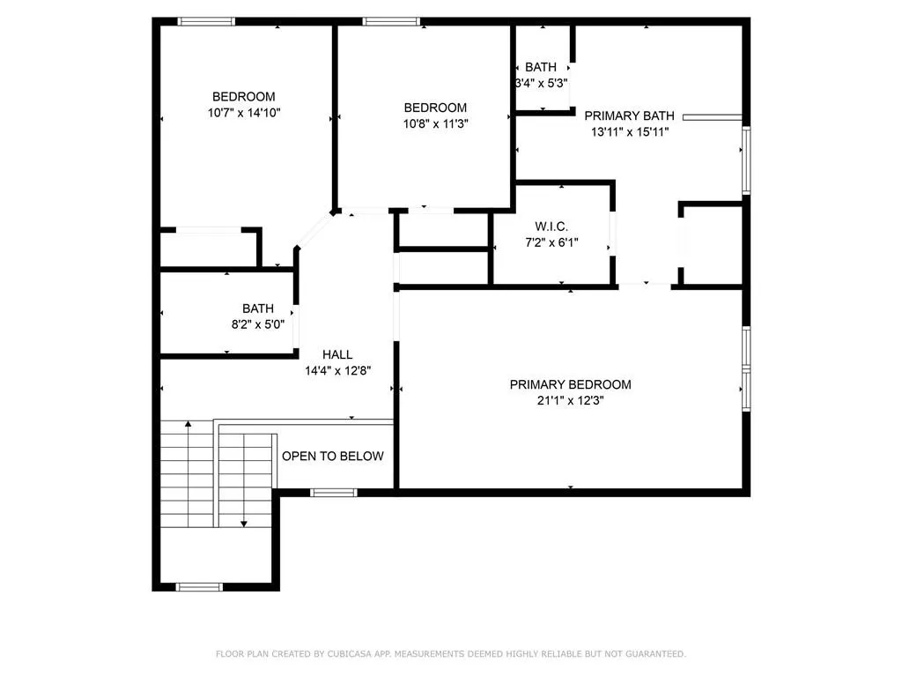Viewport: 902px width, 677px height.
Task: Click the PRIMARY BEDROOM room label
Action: [x=570, y=384]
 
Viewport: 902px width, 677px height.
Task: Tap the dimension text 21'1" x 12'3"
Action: [x=570, y=401]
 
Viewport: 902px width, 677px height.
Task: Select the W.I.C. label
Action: [x=551, y=227]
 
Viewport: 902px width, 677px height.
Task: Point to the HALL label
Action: [x=337, y=354]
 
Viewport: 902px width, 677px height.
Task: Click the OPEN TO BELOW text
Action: [x=332, y=456]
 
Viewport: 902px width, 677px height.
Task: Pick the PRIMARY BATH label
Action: [x=629, y=115]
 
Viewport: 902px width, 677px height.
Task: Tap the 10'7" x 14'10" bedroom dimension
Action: [x=244, y=113]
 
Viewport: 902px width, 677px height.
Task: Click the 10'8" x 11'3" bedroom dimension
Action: [x=435, y=123]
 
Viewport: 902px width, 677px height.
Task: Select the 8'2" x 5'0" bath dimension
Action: [x=258, y=324]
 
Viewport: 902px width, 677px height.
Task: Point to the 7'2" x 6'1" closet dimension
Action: [x=551, y=243]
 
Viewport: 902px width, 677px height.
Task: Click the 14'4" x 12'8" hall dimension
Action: [x=337, y=371]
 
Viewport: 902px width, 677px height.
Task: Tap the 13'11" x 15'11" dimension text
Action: [x=630, y=132]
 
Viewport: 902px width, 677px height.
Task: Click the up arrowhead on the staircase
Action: [x=189, y=424]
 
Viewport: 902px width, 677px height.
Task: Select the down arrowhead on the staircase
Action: [x=244, y=524]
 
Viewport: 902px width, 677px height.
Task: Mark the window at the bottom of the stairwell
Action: [x=199, y=587]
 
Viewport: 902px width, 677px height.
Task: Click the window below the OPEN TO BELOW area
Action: [x=334, y=492]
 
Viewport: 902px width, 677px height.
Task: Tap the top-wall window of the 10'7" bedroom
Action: [x=206, y=21]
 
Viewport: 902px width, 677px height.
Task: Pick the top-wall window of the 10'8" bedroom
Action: [x=391, y=21]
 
